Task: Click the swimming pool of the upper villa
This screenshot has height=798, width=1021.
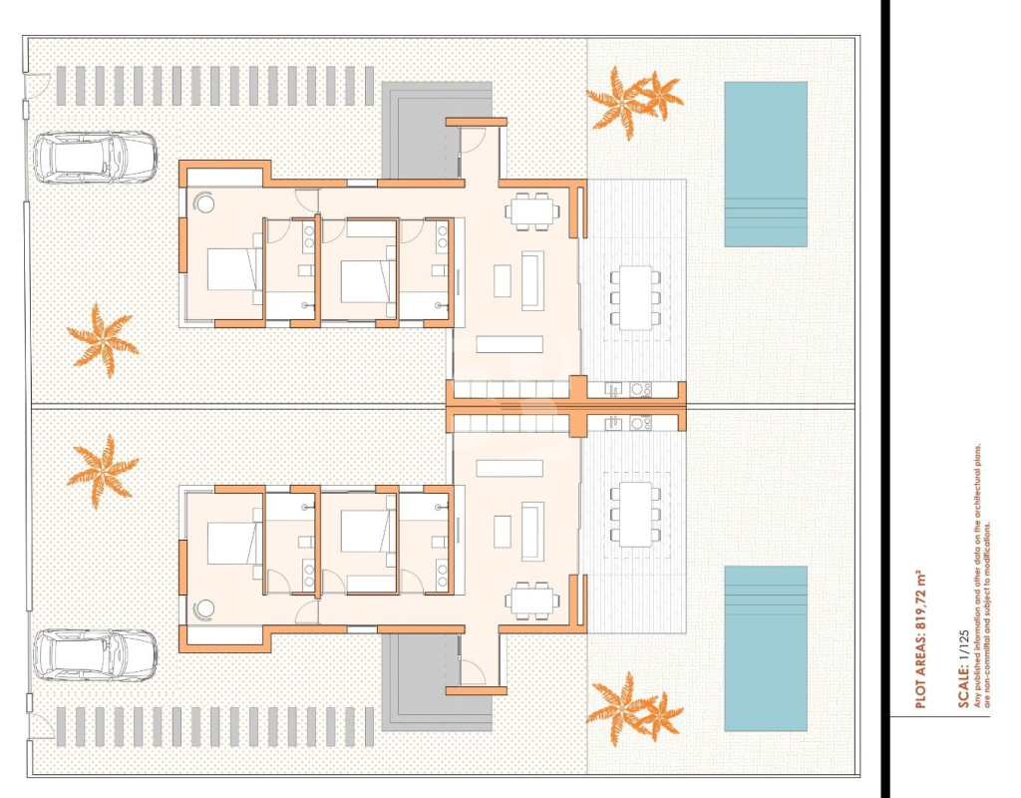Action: pos(766,165)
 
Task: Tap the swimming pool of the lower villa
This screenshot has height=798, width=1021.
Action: pos(766,648)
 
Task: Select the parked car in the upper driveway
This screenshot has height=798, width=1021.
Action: pos(95,158)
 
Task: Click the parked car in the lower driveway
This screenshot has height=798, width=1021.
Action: pos(95,654)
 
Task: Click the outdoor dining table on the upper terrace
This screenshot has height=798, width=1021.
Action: pos(635,297)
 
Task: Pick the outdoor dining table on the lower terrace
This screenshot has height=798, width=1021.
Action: pos(635,515)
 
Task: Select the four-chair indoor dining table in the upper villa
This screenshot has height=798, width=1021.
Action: pos(532,211)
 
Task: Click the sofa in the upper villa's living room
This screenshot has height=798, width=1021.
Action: pos(532,280)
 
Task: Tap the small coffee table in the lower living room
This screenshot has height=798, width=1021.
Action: pos(503,532)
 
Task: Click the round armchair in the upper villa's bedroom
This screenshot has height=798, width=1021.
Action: pos(205,202)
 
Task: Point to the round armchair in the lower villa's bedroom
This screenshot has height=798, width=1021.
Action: pos(205,609)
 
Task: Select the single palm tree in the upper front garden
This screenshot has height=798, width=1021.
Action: pos(103,341)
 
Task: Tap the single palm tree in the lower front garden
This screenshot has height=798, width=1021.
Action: pos(103,472)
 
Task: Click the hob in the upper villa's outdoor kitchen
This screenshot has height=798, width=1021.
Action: pos(640,390)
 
